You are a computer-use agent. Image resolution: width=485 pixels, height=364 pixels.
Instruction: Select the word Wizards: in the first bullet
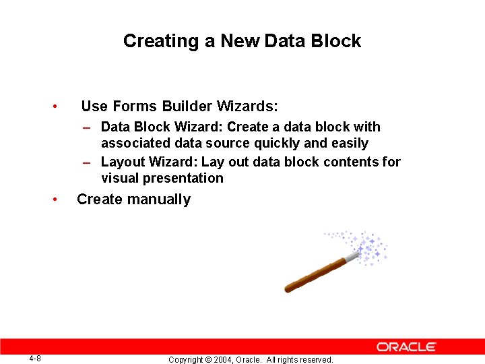coord(247,107)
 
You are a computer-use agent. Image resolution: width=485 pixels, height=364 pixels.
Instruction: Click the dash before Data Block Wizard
coord(88,127)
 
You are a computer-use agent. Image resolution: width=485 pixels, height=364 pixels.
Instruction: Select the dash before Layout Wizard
coord(88,162)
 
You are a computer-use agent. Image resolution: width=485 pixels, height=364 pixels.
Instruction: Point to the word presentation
coord(187,179)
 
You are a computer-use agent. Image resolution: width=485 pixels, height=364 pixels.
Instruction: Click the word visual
coord(119,179)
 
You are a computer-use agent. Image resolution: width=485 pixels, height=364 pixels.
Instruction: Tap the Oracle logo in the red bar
coord(406,346)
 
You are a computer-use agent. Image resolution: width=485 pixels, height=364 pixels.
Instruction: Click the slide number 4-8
coord(35,359)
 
